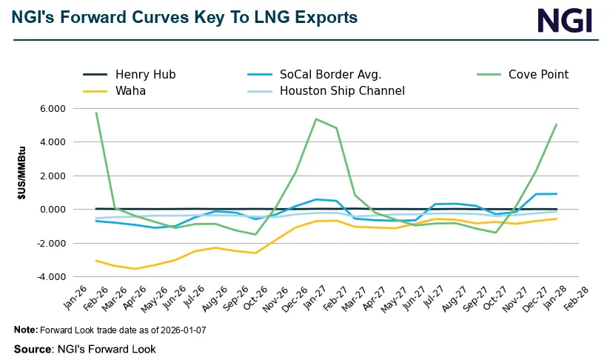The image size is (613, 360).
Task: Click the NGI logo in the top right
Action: [564, 20]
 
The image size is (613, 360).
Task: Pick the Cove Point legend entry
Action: [538, 74]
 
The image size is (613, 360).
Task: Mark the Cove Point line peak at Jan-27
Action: [316, 119]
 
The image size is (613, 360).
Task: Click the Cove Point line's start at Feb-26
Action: [96, 113]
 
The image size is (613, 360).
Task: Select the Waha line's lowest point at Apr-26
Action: [134, 269]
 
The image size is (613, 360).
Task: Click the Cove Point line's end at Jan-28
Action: [556, 124]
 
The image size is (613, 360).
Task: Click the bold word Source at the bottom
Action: [33, 349]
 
